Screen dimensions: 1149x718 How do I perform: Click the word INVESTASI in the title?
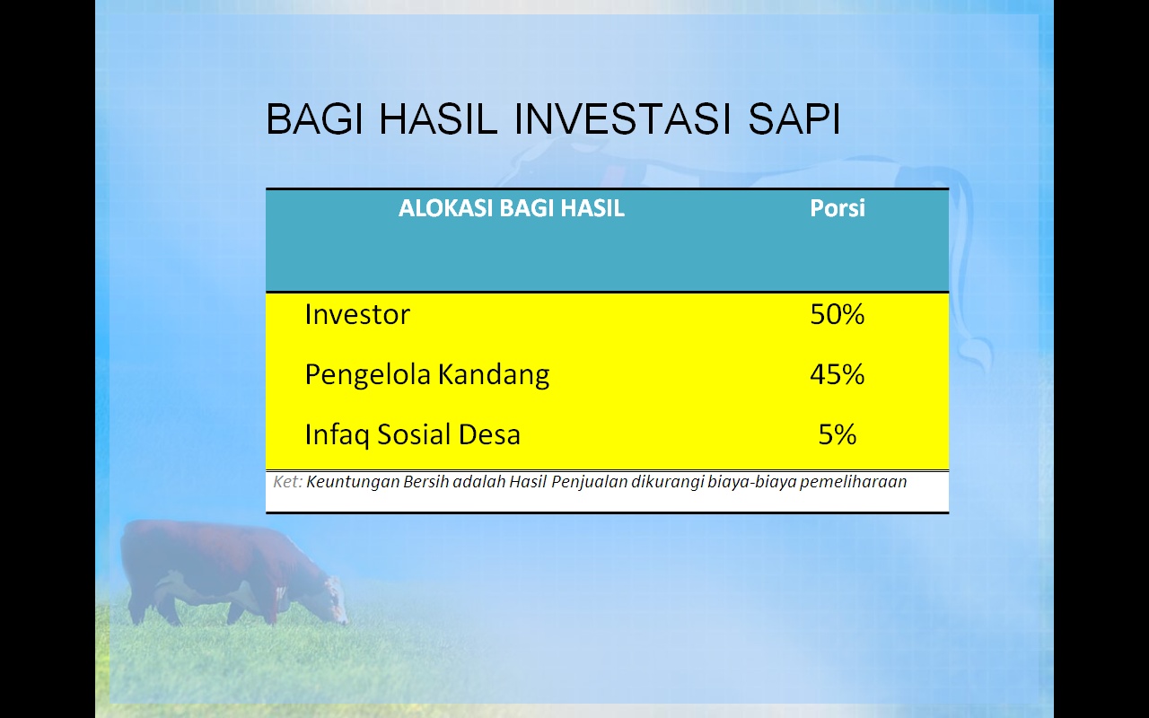coord(622,119)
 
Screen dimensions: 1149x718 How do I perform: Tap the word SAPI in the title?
coord(794,119)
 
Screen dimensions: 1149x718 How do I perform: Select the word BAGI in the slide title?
coord(314,119)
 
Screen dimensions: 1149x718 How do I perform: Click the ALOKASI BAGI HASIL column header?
coord(512,208)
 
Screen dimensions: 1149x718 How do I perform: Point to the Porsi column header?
coord(838,209)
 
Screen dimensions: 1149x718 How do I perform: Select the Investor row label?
coord(357,314)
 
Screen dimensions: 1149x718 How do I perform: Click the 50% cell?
coord(838,314)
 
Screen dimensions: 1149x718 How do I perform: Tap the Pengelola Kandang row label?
coord(426,375)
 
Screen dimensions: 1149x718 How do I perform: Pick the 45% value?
coord(838,374)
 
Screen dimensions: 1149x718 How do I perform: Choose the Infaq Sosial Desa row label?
coord(412,435)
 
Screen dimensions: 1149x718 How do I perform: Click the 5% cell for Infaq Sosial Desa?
coord(838,434)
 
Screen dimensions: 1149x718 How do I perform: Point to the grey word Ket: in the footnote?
coord(287,482)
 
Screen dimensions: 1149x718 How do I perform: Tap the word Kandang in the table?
coord(494,375)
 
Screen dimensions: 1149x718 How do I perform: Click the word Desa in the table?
coord(489,434)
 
